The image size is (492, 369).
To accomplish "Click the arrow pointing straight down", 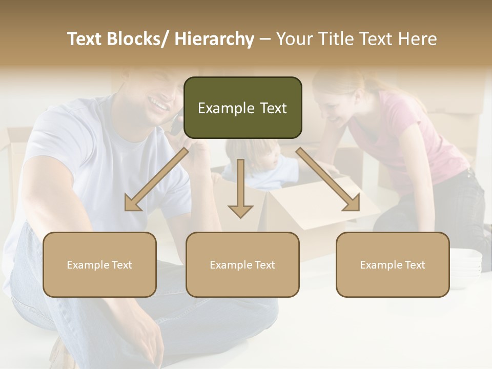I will pos(240,190).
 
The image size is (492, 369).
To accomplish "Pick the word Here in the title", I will pos(418,39).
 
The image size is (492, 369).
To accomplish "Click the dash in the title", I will pos(265,39).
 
